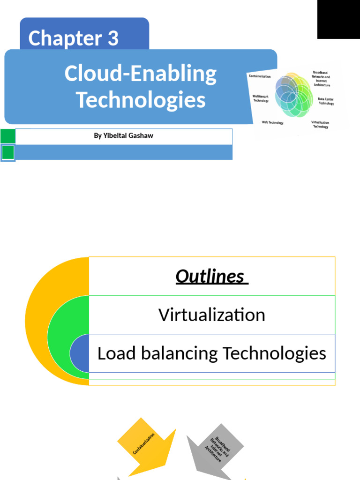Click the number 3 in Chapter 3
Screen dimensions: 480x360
(113, 38)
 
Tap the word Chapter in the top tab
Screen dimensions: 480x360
(65, 38)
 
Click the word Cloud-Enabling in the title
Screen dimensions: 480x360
(141, 74)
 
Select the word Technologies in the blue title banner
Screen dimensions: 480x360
(141, 100)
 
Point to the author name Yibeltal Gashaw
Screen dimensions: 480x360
(124, 136)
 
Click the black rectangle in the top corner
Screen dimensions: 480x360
(338, 19)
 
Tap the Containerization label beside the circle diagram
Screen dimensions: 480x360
(260, 76)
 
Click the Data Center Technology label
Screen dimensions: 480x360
(326, 101)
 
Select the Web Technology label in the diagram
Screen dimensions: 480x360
(272, 123)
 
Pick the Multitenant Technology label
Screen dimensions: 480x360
(261, 98)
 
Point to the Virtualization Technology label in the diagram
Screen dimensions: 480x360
(320, 124)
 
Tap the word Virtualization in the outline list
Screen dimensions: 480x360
(212, 315)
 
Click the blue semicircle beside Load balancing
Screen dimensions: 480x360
(80, 353)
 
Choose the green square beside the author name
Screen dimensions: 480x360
(8, 136)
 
